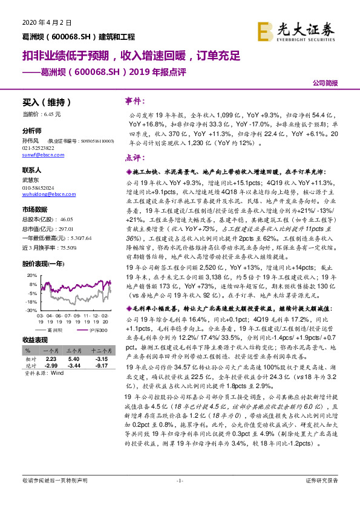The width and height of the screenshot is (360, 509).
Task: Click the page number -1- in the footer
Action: point(180,497)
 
